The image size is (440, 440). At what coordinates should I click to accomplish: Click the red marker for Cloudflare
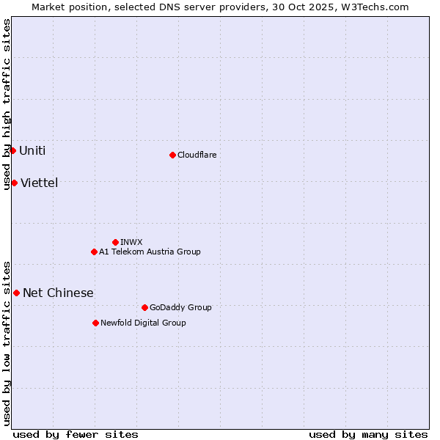172,155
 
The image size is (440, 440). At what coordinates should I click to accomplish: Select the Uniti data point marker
12,150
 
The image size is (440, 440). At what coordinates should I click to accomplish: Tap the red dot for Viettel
14,183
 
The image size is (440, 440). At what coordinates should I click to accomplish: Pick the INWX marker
115,242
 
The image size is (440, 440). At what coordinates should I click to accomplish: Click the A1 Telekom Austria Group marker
94,252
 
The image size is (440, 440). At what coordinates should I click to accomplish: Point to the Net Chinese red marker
16,293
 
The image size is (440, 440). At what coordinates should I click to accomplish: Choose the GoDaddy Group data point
144,307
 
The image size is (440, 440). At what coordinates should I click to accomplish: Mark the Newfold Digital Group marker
95,323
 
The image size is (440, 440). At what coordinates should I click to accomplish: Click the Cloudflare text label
197,155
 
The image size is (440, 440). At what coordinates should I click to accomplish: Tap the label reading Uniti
32,151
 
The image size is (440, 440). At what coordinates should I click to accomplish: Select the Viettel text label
39,183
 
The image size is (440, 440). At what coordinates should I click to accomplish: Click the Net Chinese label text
58,293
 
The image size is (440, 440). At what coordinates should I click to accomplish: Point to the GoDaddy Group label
180,307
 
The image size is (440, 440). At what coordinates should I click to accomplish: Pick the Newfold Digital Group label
143,323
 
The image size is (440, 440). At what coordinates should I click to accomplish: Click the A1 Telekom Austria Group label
150,252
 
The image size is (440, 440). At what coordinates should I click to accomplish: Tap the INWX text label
131,242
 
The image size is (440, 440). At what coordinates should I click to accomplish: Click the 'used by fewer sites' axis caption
76,434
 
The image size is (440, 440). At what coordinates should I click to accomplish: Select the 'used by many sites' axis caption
368,434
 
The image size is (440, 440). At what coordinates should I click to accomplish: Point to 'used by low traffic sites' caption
7,343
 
